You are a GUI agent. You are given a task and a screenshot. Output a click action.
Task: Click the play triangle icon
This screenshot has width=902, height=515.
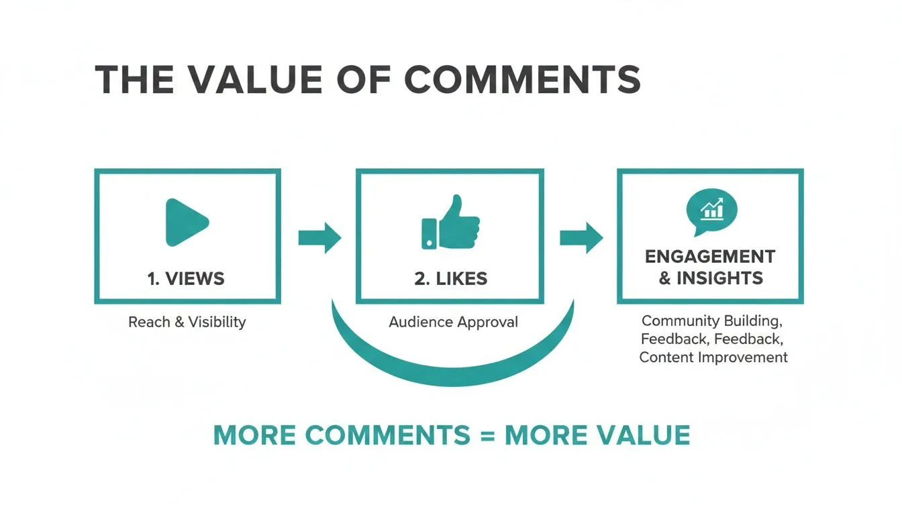[x=186, y=222]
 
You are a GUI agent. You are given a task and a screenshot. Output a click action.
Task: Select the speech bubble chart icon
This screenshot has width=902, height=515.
[x=711, y=211]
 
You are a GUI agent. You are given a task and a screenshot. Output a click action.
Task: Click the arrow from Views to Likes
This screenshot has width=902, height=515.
[x=319, y=237]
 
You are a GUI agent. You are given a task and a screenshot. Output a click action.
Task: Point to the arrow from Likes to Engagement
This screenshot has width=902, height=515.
[x=581, y=237]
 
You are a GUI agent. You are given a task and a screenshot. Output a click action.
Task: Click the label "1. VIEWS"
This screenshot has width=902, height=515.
[x=186, y=278]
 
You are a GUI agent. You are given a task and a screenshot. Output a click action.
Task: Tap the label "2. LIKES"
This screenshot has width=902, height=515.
[x=450, y=278]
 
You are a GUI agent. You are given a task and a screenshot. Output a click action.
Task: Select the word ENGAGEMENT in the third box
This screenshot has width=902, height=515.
[x=710, y=257]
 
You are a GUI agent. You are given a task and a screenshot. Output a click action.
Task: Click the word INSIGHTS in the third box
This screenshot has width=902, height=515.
[x=719, y=278]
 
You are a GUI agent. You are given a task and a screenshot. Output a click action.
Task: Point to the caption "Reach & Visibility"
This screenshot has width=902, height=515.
[x=187, y=322]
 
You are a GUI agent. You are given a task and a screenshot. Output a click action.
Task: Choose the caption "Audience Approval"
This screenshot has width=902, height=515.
[x=453, y=322]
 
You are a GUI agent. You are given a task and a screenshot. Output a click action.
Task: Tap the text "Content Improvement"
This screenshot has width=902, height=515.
[x=713, y=357]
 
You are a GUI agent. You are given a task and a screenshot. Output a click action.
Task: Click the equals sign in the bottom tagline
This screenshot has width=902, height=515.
[x=487, y=436]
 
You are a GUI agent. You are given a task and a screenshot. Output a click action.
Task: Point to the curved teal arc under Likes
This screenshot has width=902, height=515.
[x=453, y=369]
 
